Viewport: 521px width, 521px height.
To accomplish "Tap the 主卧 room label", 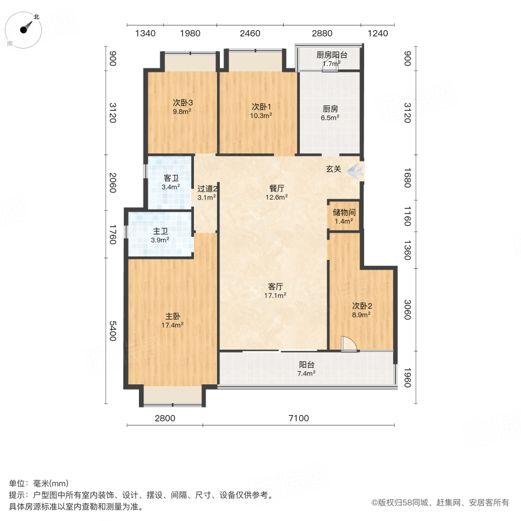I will tap(173, 316).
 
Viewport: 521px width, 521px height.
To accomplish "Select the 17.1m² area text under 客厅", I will tap(276, 295).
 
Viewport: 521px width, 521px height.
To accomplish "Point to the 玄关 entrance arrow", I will tap(354, 170).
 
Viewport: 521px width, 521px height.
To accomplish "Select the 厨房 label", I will tap(330, 108).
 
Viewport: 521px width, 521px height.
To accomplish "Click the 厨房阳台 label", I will tap(331, 56).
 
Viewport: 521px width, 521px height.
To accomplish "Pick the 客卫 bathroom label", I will tap(170, 178).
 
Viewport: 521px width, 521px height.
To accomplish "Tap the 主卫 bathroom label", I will tap(160, 231).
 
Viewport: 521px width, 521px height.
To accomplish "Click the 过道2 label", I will tap(207, 189).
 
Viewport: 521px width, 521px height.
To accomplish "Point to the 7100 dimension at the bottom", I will tap(299, 418).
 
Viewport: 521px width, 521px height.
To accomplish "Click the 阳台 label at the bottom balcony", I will tap(306, 365).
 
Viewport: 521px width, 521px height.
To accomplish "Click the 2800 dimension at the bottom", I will tap(165, 418).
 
